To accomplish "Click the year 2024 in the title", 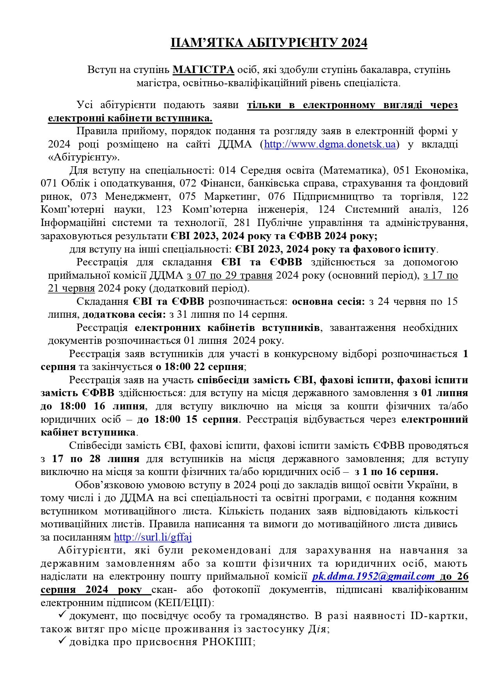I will click(x=354, y=43).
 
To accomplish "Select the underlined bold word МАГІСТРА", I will click(x=203, y=70).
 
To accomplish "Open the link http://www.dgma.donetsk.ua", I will click(x=330, y=144).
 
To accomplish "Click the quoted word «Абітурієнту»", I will click(x=84, y=157).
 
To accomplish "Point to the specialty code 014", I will click(x=228, y=171).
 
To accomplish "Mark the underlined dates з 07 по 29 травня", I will click(x=230, y=276).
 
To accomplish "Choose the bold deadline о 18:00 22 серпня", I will click(x=200, y=367).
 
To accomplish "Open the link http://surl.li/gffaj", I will click(x=153, y=537).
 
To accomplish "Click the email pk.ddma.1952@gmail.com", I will click(x=373, y=576).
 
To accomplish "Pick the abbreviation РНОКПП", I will click(x=228, y=642).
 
